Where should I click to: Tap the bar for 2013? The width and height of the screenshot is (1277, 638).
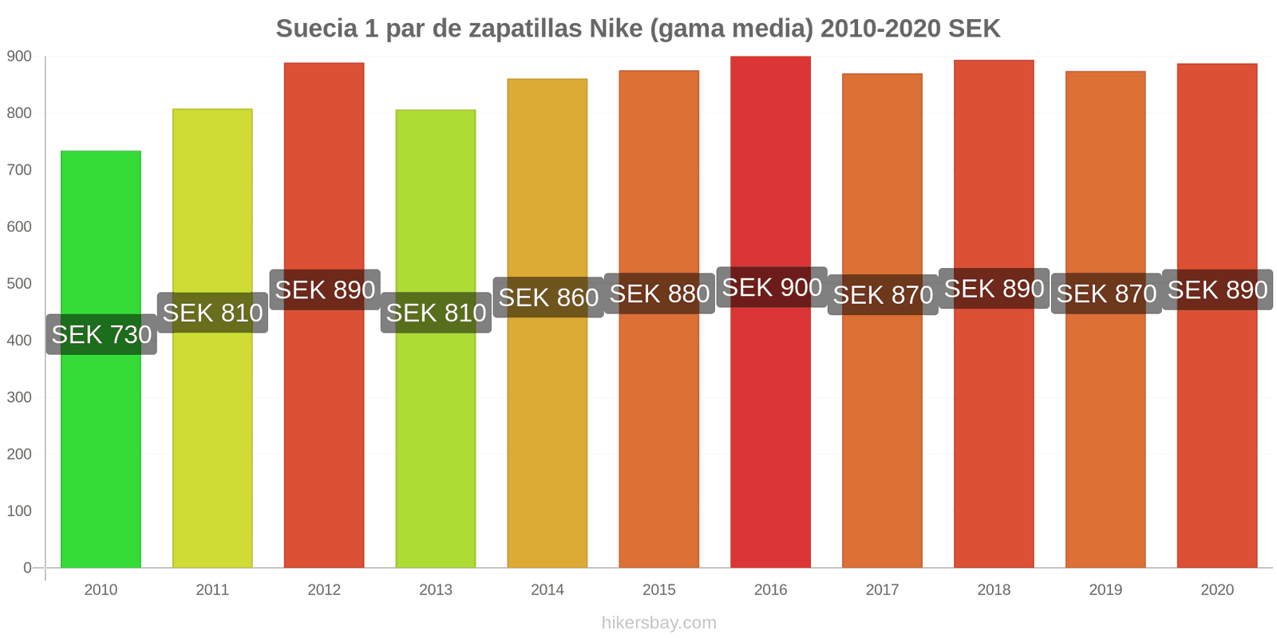click(436, 447)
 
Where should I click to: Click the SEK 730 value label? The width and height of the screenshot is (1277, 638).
click(101, 334)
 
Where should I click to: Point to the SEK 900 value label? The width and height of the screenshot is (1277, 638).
click(772, 287)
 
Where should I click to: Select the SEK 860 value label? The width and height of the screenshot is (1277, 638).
click(548, 297)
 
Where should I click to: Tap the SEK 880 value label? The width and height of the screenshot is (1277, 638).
click(659, 293)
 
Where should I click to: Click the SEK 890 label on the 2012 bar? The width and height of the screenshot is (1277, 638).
click(325, 289)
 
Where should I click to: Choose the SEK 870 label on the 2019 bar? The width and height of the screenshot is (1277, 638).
click(1106, 293)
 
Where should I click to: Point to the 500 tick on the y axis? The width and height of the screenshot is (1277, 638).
click(19, 284)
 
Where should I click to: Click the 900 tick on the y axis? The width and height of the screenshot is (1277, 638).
click(19, 57)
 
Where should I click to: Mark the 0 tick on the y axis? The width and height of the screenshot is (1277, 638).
click(27, 568)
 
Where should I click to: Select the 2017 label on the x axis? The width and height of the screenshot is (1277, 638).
click(882, 590)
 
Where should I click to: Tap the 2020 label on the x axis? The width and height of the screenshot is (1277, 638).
click(1217, 590)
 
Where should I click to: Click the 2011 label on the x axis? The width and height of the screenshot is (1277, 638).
click(212, 590)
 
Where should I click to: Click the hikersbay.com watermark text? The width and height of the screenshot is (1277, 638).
click(659, 623)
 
